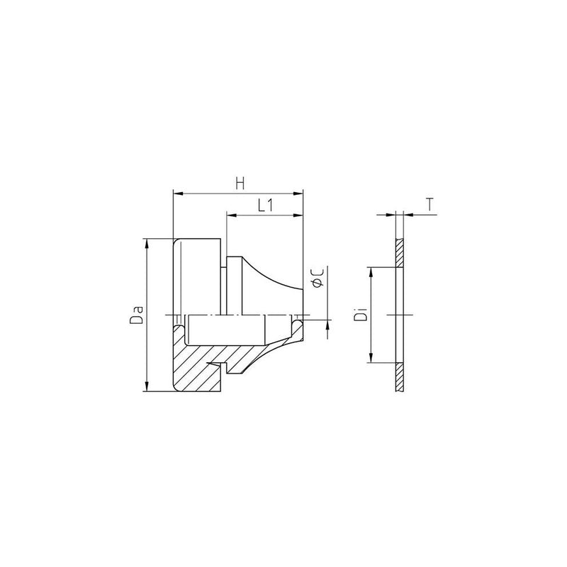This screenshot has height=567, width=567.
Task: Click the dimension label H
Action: click(240, 184)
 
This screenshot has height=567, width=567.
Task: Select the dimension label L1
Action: click(265, 206)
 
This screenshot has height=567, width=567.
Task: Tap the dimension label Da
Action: click(137, 315)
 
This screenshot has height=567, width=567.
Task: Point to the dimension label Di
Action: click(361, 315)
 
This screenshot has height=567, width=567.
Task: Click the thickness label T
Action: click(430, 205)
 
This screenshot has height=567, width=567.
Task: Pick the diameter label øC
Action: click(318, 279)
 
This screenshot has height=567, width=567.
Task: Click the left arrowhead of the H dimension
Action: click(179, 193)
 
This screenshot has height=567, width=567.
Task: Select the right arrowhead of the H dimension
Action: click(298, 193)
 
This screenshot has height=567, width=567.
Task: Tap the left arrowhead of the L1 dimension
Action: click(232, 215)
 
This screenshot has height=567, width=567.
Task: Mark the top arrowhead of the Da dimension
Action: click(147, 244)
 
